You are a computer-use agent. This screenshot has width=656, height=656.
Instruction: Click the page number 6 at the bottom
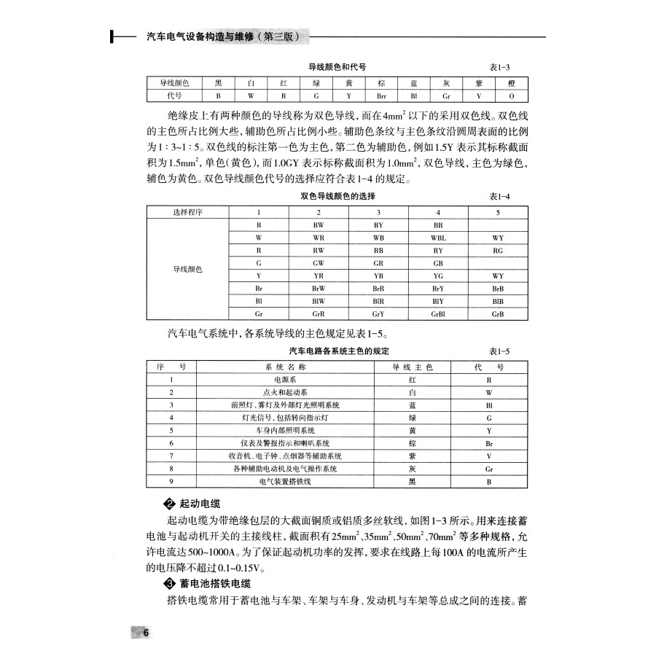(146, 632)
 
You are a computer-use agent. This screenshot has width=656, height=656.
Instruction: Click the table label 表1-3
(499, 66)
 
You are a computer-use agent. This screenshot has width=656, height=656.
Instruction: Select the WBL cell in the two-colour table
(438, 238)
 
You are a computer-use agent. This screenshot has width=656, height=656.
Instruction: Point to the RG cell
(498, 250)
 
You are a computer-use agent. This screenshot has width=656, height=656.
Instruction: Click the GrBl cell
(438, 314)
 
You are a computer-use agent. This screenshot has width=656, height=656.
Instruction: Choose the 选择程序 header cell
(188, 212)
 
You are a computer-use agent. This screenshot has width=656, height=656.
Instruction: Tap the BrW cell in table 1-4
(319, 289)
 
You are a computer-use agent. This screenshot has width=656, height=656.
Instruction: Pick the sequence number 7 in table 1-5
(171, 456)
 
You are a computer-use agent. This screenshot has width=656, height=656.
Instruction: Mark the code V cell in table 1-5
(488, 456)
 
